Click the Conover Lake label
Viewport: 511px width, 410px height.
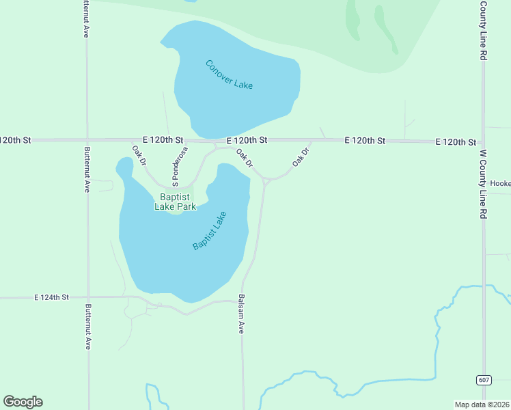click(x=229, y=74)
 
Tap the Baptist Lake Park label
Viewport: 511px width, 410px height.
click(x=174, y=202)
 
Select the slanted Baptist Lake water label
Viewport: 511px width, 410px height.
click(x=209, y=231)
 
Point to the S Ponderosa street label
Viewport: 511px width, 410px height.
click(x=180, y=166)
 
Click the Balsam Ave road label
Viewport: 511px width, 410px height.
click(x=240, y=314)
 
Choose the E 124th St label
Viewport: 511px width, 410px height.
click(x=52, y=297)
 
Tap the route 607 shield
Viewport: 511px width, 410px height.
click(x=482, y=379)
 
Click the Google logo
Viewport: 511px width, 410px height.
click(x=23, y=402)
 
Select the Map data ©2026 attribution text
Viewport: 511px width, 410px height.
click(x=481, y=405)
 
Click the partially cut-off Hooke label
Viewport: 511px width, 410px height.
click(x=500, y=183)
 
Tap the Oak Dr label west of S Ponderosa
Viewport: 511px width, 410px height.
click(x=139, y=155)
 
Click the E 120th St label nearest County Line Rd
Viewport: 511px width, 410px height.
click(x=456, y=142)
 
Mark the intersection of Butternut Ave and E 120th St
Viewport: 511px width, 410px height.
click(x=87, y=140)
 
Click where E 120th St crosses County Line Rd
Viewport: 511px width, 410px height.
click(x=483, y=142)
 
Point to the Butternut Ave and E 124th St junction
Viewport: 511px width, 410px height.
click(x=87, y=297)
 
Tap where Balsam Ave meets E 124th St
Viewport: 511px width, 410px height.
click(x=242, y=300)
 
